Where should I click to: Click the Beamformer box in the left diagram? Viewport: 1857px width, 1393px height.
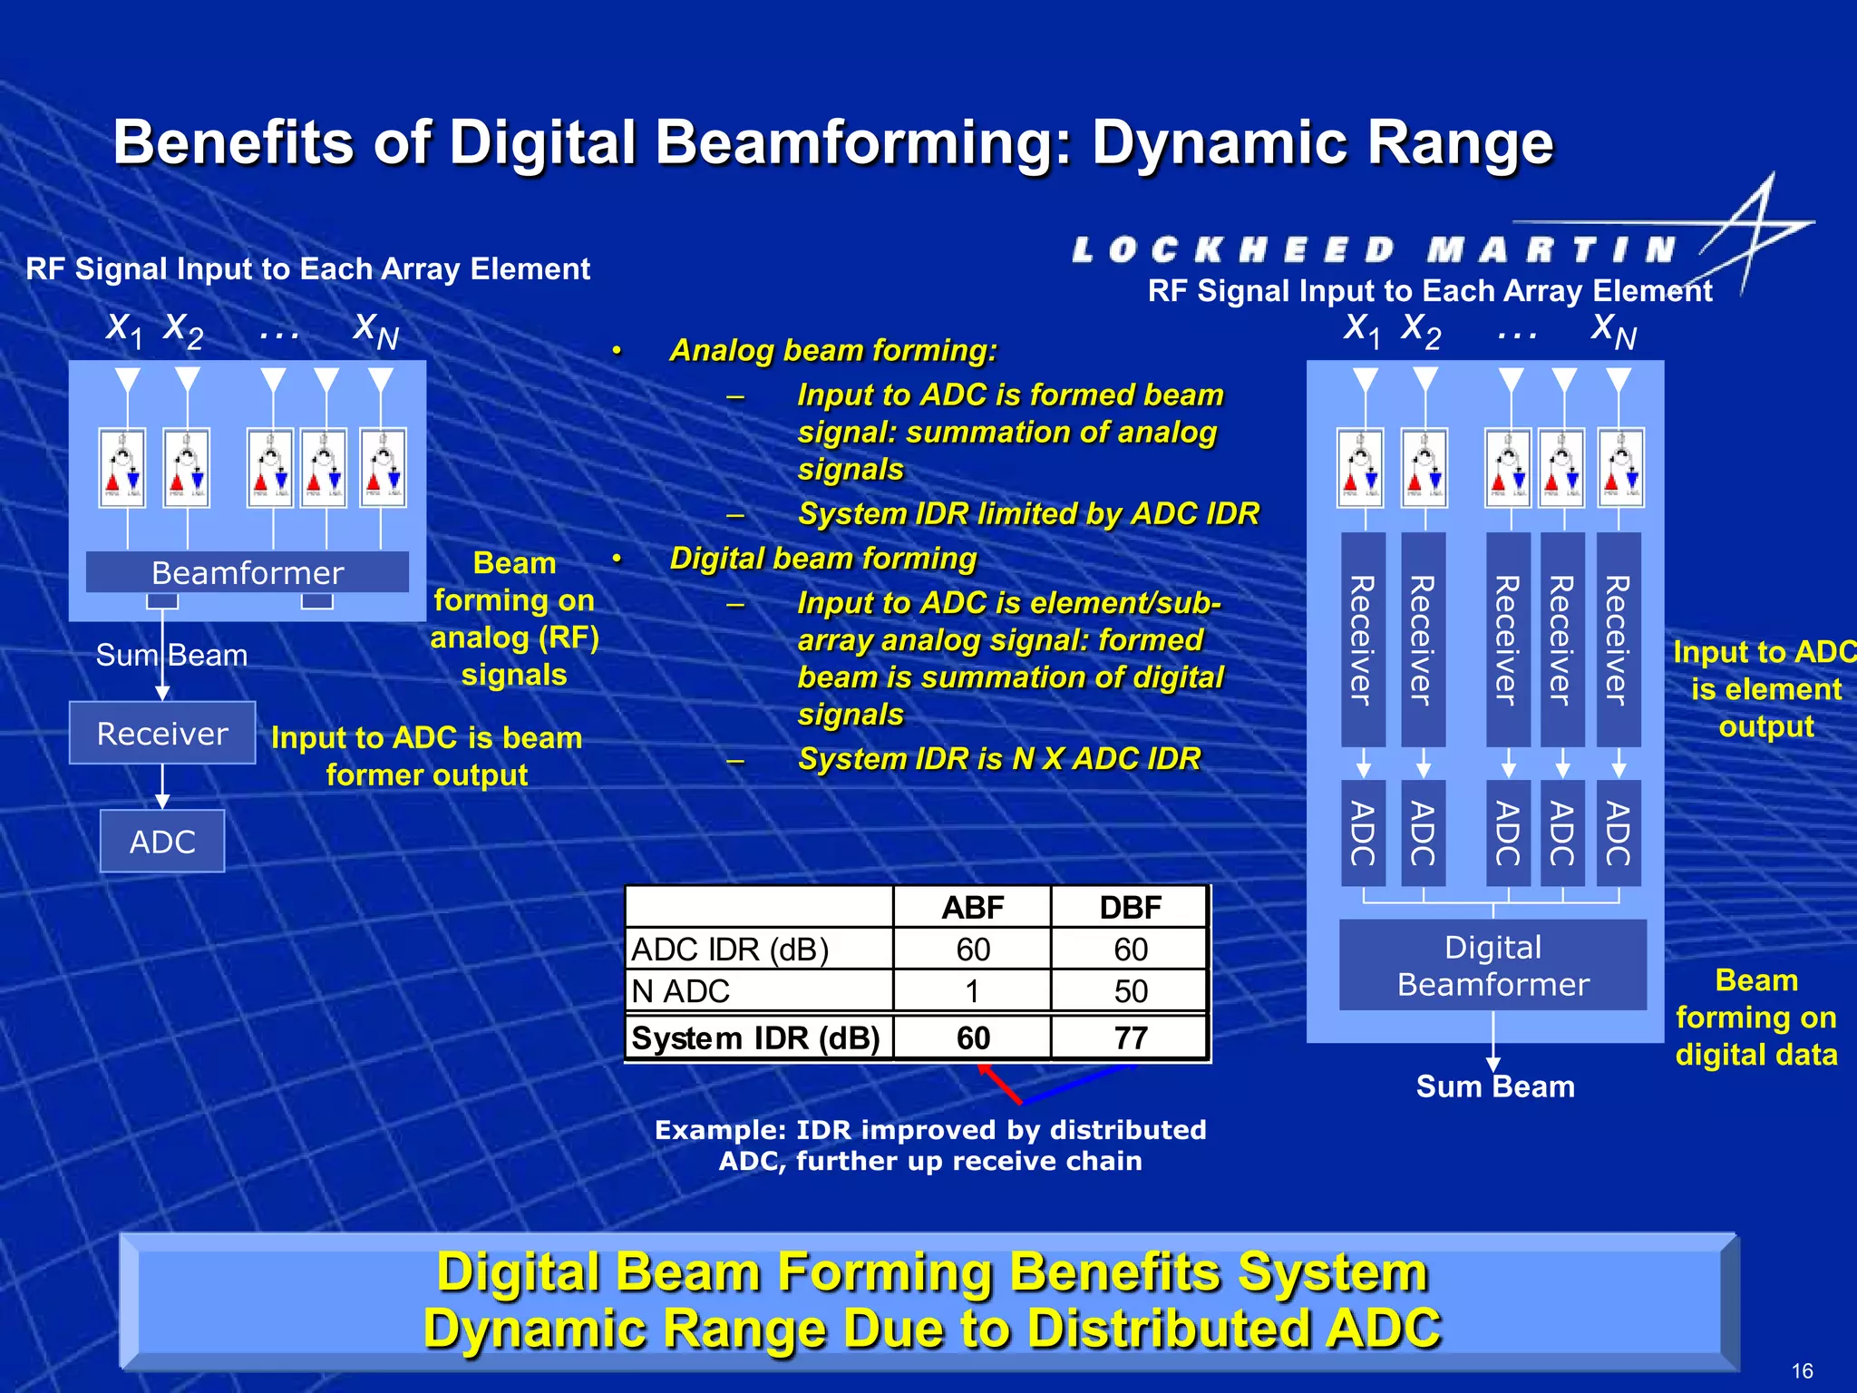click(248, 572)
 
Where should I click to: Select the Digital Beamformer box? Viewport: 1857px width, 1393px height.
click(1492, 965)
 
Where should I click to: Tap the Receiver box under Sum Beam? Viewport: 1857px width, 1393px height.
click(162, 733)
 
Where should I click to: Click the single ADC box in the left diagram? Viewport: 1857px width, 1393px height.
click(162, 842)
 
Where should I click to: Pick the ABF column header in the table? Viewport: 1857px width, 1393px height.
click(972, 907)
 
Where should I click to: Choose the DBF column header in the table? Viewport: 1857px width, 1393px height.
click(1130, 907)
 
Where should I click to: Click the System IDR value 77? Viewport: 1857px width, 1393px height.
click(1131, 1037)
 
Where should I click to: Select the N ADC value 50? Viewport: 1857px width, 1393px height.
click(1131, 991)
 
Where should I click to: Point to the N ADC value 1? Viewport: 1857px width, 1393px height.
click(972, 991)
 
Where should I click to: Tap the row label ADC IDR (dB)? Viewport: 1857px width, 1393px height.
click(730, 950)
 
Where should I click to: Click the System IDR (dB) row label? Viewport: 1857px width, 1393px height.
click(755, 1037)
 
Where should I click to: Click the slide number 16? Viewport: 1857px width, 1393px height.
click(1802, 1370)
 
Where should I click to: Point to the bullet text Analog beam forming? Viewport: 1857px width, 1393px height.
click(833, 350)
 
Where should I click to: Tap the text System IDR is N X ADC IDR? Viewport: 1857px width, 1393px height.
click(999, 758)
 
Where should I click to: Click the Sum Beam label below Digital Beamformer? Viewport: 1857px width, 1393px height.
click(1495, 1086)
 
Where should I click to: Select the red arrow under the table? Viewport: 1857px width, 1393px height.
click(1000, 1084)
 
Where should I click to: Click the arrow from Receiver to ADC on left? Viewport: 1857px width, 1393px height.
click(162, 786)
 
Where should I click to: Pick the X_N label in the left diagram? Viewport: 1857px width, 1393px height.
click(375, 330)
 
